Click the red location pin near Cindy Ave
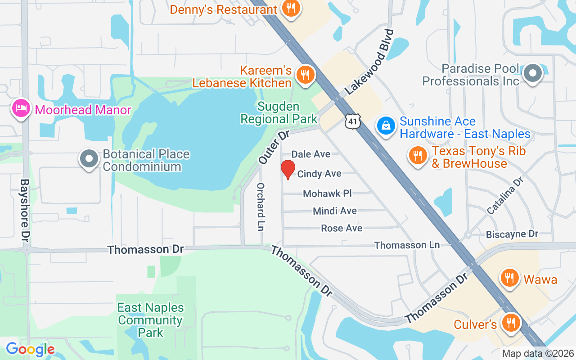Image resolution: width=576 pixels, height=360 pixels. [288, 170]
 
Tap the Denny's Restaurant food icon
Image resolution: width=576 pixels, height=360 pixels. [291, 8]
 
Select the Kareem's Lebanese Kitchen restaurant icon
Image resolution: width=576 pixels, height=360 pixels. [306, 75]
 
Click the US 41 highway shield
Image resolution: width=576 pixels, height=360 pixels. [353, 120]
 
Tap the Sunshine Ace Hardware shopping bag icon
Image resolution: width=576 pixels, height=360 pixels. [386, 126]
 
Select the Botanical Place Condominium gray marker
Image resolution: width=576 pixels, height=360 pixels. [89, 159]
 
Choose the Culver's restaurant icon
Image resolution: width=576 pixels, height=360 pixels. [511, 323]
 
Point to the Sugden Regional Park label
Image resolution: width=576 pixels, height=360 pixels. [279, 112]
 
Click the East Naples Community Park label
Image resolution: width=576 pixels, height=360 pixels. [150, 320]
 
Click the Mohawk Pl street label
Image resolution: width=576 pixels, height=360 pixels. [327, 193]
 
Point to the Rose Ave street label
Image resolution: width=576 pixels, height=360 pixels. [342, 228]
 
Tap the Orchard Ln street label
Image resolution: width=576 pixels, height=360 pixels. [260, 207]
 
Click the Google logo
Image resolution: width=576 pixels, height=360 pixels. [30, 349]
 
